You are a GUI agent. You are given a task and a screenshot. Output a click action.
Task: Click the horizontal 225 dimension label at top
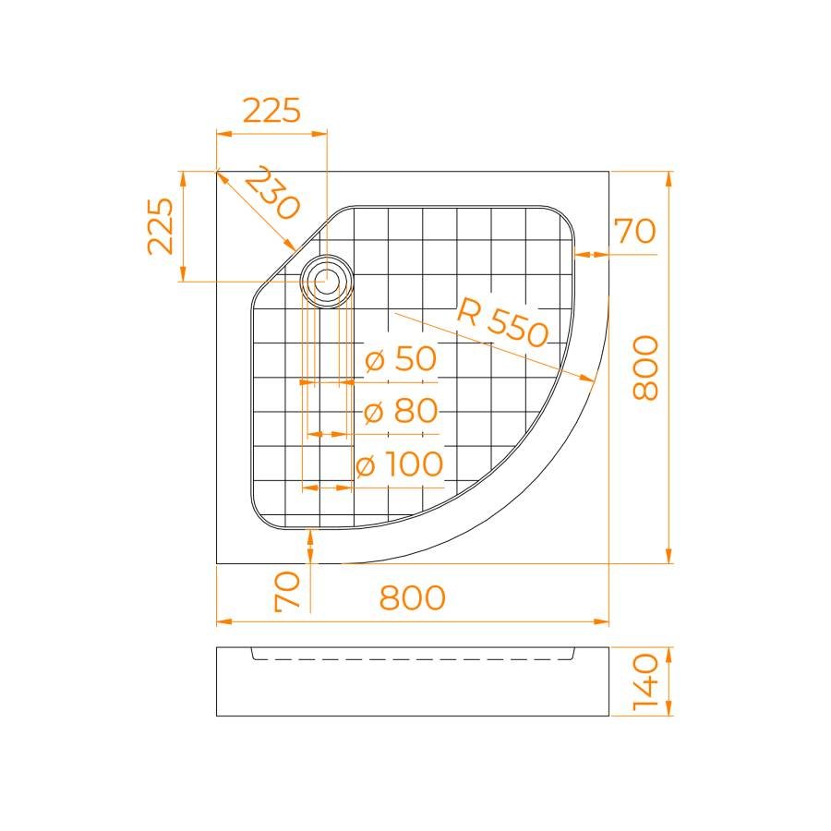pos(271,111)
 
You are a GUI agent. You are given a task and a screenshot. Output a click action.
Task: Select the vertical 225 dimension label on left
pos(161,226)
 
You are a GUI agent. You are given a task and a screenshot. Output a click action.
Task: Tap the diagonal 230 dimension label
pos(272,192)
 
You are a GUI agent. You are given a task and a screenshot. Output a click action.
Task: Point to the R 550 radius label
pos(502,322)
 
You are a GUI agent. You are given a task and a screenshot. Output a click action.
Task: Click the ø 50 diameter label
pos(402,359)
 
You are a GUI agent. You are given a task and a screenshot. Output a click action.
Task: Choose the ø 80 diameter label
pos(402,411)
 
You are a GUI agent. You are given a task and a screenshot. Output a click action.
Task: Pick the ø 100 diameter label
pos(400,464)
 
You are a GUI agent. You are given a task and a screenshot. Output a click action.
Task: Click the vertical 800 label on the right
pos(646,367)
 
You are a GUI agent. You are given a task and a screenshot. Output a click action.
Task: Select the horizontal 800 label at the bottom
pos(413,597)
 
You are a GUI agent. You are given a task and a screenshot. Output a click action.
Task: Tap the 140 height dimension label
pos(646,681)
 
